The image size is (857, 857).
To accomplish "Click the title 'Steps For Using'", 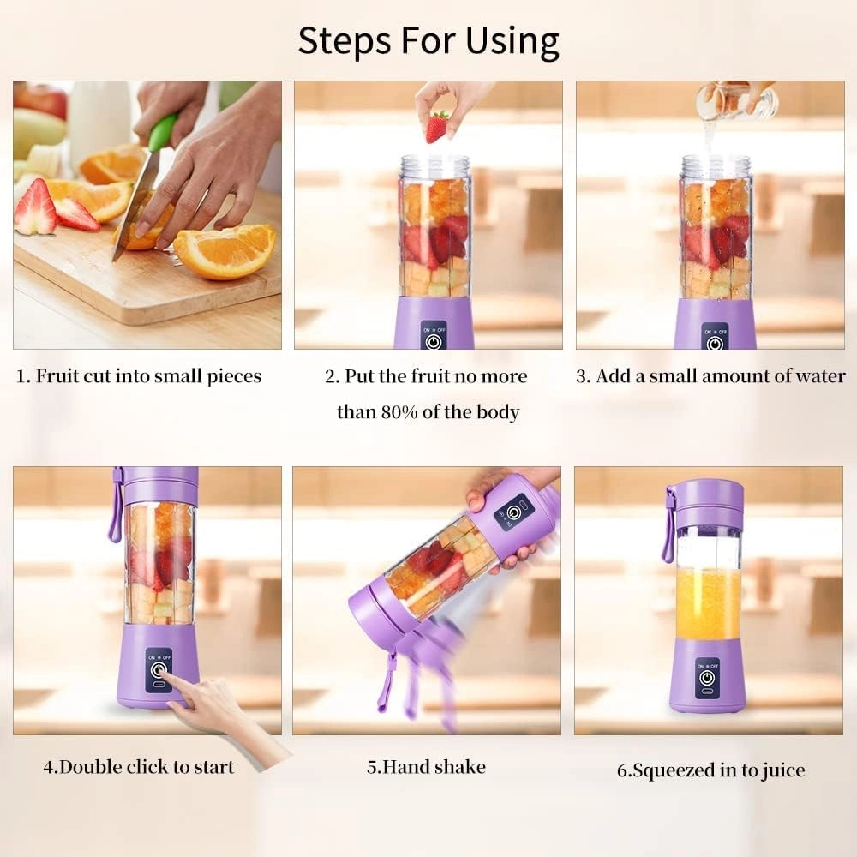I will [x=428, y=40].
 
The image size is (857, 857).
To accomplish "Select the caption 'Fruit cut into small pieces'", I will [x=140, y=376].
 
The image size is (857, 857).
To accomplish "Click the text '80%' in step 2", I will [x=399, y=412].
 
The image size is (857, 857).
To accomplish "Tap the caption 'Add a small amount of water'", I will [x=710, y=376].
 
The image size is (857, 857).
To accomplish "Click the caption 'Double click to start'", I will [x=139, y=766].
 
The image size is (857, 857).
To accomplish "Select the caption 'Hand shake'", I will [x=426, y=766].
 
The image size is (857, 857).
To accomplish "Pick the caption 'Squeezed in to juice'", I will [x=711, y=770].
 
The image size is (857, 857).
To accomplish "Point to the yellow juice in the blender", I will [x=708, y=604].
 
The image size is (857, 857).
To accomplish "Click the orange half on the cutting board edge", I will [x=225, y=251].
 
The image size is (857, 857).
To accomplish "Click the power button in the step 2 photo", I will [x=434, y=341].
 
